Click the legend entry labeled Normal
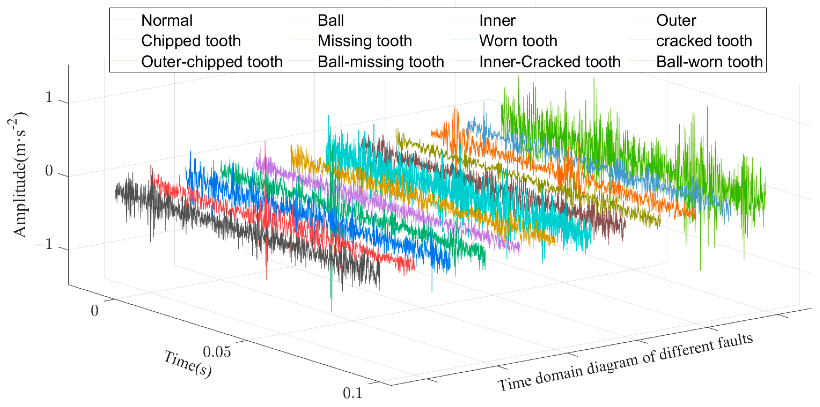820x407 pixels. tap(167, 21)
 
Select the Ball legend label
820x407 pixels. tap(330, 21)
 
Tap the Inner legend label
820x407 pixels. tap(497, 21)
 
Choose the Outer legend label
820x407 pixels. tap(676, 21)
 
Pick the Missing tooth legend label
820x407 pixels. tap(364, 41)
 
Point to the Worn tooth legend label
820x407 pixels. tap(518, 41)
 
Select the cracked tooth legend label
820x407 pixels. tap(704, 41)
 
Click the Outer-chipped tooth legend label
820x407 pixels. tap(212, 62)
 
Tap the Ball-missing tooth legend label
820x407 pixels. tap(380, 62)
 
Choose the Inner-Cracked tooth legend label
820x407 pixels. tap(550, 62)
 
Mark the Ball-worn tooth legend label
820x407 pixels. tap(709, 62)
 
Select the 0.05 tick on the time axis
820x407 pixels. tap(217, 352)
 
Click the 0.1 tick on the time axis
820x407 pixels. tap(353, 393)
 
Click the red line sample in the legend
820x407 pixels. tap(302, 20)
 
